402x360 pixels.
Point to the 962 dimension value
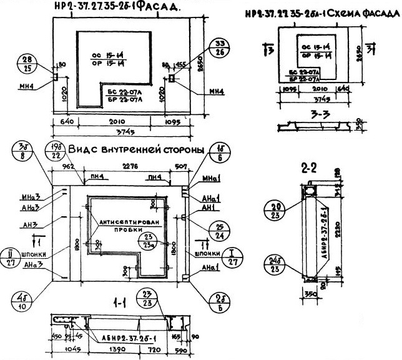(69, 166)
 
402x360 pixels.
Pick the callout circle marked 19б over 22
(54, 152)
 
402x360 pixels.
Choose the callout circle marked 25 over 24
(219, 232)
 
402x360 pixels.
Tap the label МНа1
(210, 179)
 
